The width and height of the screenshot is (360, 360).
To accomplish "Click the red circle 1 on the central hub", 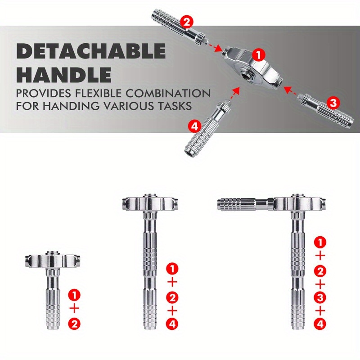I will pyautogui.click(x=258, y=55).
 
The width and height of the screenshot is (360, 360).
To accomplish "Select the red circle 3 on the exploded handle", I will pyautogui.click(x=333, y=103).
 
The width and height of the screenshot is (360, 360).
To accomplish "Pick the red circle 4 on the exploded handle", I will pyautogui.click(x=194, y=126).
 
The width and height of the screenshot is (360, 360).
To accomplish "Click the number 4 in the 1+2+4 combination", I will pyautogui.click(x=172, y=323).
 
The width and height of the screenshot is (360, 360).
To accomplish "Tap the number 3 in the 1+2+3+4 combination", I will pyautogui.click(x=320, y=297).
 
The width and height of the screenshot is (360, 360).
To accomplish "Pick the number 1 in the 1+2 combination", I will pyautogui.click(x=75, y=296).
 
